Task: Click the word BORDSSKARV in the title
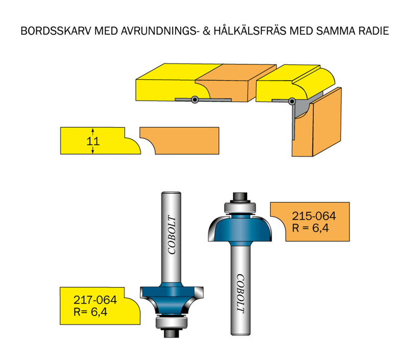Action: pos(56,31)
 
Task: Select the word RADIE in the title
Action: pos(374,31)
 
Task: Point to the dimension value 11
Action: pos(93,141)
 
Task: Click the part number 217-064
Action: pos(95,300)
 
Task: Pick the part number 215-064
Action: pos(314,216)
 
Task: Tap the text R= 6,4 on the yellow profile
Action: pos(90,312)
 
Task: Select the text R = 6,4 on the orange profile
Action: pos(310,228)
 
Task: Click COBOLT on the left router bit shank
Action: pos(172,235)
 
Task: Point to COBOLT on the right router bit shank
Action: pos(240,294)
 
